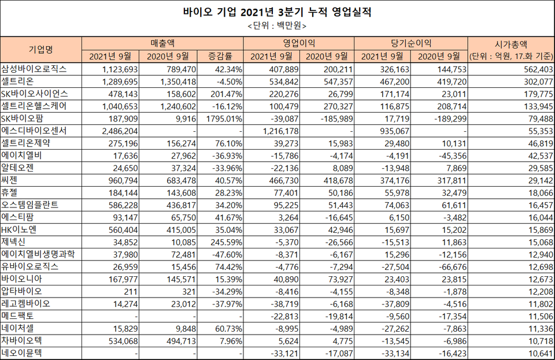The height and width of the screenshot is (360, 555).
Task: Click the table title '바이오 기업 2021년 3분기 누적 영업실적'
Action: click(x=277, y=12)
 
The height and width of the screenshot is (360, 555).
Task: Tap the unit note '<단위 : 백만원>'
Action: click(x=277, y=26)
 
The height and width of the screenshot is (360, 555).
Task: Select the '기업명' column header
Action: click(x=40, y=49)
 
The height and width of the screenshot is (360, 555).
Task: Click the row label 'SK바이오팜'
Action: click(x=26, y=117)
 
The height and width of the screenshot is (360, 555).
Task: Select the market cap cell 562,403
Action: click(x=530, y=69)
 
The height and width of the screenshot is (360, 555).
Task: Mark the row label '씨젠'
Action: click(x=12, y=180)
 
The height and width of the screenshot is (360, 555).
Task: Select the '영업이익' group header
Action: click(x=298, y=43)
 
